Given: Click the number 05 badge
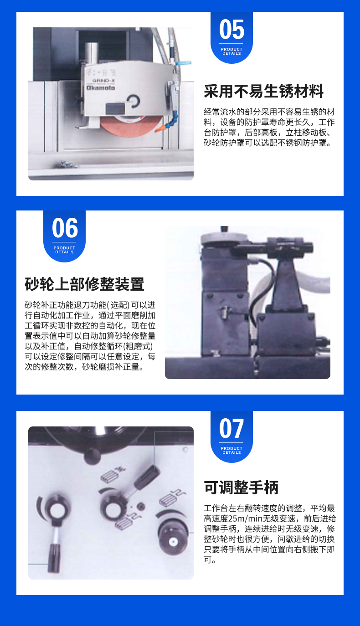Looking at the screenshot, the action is point(231,37).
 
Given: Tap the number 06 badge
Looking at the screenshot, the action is point(64,236).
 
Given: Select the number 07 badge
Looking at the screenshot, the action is point(231,436).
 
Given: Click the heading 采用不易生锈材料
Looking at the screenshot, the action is point(263,91).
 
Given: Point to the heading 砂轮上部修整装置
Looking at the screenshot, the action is point(84,284).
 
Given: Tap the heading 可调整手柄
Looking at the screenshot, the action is point(241,487).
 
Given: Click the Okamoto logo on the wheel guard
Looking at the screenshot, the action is point(101,88).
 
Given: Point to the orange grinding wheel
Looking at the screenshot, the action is point(131,126).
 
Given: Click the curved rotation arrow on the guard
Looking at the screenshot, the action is point(134,101).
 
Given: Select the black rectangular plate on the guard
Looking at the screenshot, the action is point(114,108).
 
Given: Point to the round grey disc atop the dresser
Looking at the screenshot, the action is point(224,238).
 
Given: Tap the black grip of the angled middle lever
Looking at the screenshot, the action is point(147,477).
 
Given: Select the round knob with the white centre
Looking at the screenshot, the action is point(173,542).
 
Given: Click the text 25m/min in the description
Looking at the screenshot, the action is point(244,518).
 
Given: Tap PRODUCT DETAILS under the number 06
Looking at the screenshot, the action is point(64,250).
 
